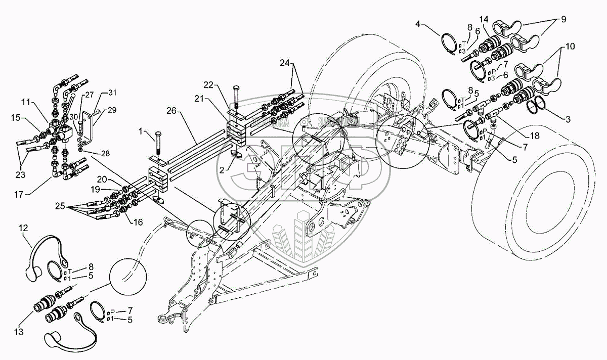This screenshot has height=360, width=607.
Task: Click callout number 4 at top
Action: tap(418, 23)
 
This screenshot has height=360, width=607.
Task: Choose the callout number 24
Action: tap(285, 63)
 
